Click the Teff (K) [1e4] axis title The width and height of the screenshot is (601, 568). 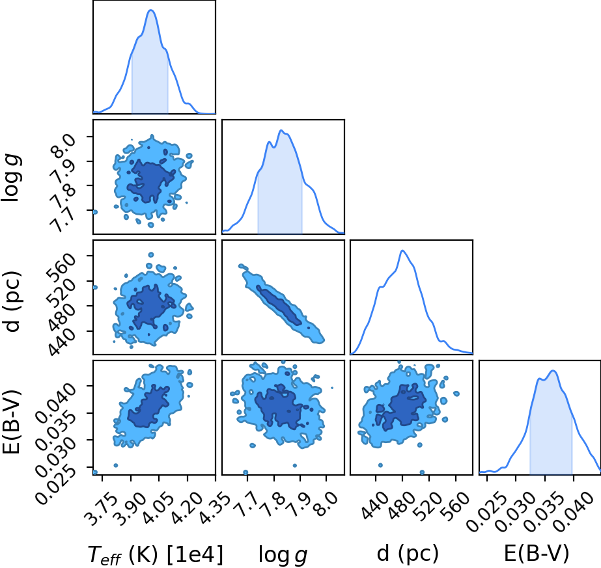tap(155, 554)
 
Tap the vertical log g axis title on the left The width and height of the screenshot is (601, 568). tap(12, 178)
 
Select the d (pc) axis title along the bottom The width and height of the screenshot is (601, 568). tap(408, 554)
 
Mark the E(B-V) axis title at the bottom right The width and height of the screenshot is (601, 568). tap(537, 554)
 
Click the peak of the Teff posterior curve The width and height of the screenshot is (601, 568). tap(151, 10)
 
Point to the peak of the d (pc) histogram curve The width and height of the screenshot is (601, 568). tap(402, 250)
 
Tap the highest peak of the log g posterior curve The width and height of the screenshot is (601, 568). tap(281, 131)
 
